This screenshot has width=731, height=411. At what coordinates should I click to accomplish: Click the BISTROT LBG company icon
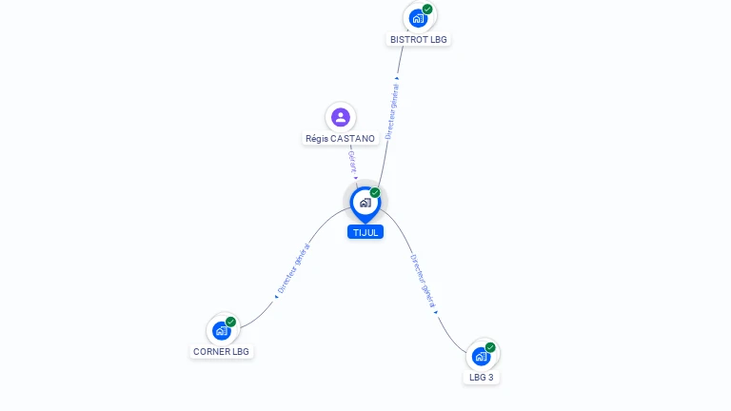click(x=418, y=18)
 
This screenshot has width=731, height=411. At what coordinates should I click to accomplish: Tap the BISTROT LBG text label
click(x=419, y=40)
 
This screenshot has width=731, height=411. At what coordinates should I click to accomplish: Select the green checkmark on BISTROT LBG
click(x=428, y=10)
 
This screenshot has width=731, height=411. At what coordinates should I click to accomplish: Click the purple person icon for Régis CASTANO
click(x=340, y=117)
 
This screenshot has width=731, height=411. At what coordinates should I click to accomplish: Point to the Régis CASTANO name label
click(x=341, y=138)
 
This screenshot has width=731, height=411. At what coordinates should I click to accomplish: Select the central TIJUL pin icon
click(x=365, y=203)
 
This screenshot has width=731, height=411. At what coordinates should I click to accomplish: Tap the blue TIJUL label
click(x=365, y=232)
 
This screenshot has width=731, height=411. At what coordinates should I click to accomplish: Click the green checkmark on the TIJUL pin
click(x=375, y=193)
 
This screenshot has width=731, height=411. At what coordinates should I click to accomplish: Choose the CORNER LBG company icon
click(x=222, y=330)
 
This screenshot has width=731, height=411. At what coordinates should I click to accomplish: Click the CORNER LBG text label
click(x=222, y=352)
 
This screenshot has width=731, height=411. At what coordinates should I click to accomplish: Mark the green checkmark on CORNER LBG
click(x=231, y=322)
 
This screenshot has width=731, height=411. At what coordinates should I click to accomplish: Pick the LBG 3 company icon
click(x=481, y=356)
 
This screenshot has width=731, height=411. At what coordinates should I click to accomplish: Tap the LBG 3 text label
click(x=482, y=378)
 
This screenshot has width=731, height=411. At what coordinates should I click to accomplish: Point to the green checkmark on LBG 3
click(x=490, y=347)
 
